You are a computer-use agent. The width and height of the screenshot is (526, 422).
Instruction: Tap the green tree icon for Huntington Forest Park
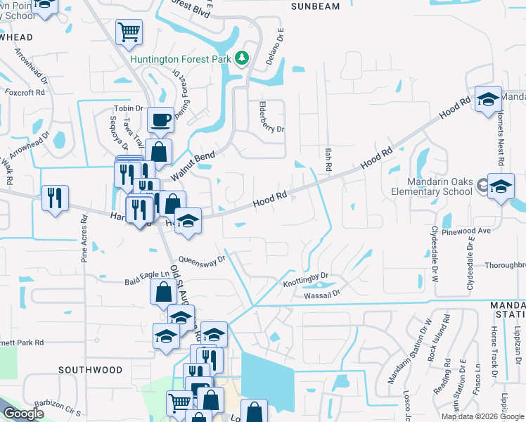click(243, 58)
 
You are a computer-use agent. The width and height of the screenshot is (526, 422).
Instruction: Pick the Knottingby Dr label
click(306, 281)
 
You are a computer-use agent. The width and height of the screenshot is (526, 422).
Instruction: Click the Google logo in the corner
click(23, 414)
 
